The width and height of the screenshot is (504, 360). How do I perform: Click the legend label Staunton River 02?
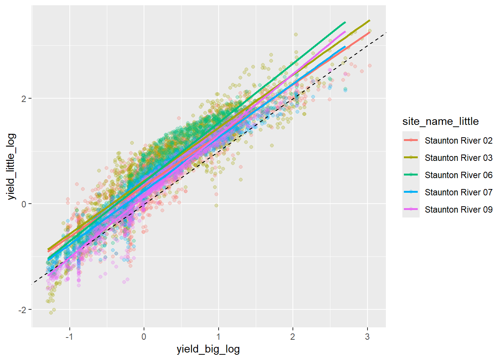click(458, 141)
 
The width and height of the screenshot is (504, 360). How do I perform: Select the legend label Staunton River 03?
click(458, 158)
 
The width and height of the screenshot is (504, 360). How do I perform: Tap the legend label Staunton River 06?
click(458, 175)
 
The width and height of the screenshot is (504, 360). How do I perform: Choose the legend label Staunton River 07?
click(458, 192)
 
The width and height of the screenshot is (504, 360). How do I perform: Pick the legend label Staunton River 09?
click(458, 210)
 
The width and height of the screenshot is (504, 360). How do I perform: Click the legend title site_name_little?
click(440, 121)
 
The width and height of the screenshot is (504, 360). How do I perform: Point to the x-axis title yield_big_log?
click(208, 349)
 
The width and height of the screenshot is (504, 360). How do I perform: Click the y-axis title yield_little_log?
click(12, 166)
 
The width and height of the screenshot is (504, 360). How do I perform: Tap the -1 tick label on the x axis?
click(69, 336)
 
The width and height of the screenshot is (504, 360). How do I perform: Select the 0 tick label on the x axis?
click(144, 336)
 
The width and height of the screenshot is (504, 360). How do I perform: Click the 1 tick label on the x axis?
click(218, 336)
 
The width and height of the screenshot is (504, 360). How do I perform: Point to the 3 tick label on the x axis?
click(367, 336)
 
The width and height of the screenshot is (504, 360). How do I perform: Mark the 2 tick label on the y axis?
click(24, 99)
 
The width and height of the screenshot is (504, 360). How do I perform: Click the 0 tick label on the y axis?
click(24, 204)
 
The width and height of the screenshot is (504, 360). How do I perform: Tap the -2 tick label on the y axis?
click(22, 309)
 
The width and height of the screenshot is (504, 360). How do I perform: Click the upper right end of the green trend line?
click(345, 22)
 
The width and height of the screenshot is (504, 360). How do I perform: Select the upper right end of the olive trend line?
click(369, 21)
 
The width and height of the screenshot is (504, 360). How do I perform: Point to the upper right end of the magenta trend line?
click(345, 32)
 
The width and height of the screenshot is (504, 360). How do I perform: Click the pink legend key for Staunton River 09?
click(411, 209)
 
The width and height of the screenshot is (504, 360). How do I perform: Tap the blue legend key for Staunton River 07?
click(411, 192)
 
